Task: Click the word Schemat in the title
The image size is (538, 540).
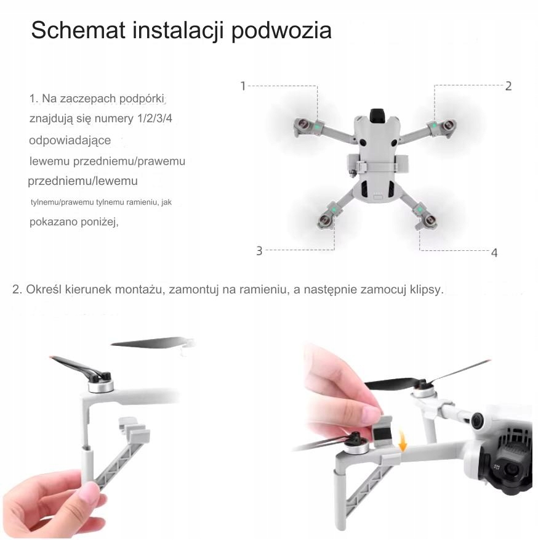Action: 78,30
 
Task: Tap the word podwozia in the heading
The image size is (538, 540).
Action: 281,31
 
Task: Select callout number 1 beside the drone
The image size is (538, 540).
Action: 243,86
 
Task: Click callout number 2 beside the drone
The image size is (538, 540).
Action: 508,86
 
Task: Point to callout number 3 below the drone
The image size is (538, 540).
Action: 259,251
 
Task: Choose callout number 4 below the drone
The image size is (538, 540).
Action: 494,253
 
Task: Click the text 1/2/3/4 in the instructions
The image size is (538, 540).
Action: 155,118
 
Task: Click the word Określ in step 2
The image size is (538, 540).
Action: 44,289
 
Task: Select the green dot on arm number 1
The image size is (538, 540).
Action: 317,127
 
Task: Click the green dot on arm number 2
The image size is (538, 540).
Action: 435,125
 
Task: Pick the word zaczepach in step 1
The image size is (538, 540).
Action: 88,99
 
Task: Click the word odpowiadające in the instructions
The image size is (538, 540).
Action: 70,141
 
